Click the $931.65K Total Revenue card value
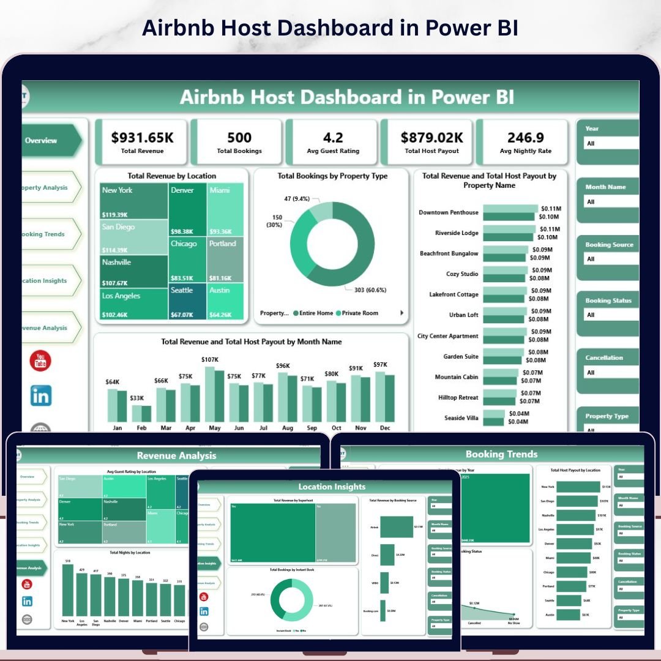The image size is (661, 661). click(142, 138)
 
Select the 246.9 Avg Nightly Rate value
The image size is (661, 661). click(526, 138)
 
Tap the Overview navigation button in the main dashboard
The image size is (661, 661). click(41, 140)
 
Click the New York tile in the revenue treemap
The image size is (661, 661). click(118, 190)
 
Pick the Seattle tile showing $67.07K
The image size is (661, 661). click(182, 291)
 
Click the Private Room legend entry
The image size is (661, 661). click(360, 313)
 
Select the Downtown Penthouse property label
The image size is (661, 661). click(448, 212)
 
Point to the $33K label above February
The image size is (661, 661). click(137, 398)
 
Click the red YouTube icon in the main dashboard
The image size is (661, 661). click(41, 361)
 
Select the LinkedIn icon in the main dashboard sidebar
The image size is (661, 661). click(41, 396)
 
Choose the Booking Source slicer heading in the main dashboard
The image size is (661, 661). click(609, 245)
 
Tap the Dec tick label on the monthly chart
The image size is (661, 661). click(384, 428)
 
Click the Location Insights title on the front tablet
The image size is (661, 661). click(332, 487)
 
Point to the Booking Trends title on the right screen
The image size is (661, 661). click(501, 454)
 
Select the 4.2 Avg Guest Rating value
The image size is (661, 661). click(333, 138)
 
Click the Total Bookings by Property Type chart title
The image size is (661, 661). click(332, 176)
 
